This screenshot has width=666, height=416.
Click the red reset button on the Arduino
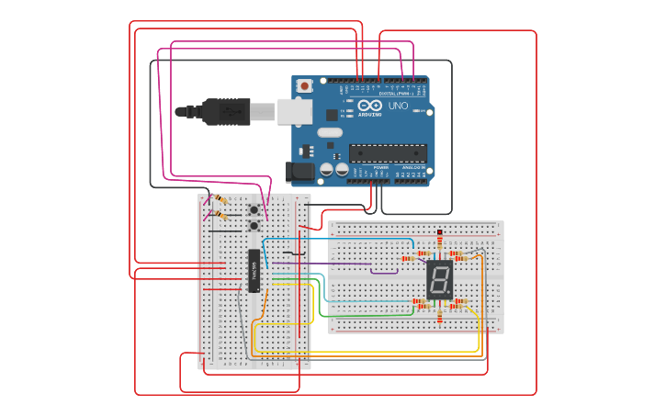304,85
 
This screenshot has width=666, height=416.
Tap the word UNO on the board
398,107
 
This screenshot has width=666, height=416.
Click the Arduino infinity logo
370,107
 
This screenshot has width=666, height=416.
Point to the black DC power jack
300,171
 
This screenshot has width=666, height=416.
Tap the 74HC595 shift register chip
254,270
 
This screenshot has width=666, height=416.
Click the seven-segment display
439,278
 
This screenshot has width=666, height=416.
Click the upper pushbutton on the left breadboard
254,209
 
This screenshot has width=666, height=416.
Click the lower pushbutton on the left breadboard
254,225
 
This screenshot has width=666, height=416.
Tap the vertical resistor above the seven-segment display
439,239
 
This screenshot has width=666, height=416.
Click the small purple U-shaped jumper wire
386,270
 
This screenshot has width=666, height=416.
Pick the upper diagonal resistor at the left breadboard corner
220,199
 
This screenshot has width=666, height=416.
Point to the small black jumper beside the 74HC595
293,253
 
